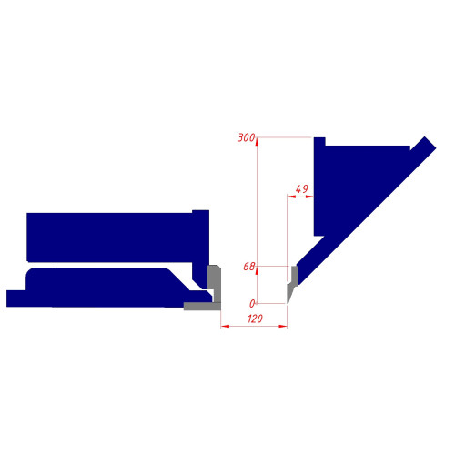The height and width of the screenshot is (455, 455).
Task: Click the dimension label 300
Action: [x=246, y=137]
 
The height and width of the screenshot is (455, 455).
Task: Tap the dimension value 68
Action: [x=249, y=267]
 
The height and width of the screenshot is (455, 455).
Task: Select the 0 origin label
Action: [x=252, y=303]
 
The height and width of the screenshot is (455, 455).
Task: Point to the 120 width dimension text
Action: [x=255, y=318]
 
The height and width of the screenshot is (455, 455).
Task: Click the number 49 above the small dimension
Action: [x=302, y=189]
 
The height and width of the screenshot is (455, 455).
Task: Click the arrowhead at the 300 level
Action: [x=257, y=142]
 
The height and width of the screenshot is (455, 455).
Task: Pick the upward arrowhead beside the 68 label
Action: [x=257, y=271]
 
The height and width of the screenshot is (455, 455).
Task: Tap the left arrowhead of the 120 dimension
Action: [x=225, y=326]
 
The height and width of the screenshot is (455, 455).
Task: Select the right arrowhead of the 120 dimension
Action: [x=283, y=326]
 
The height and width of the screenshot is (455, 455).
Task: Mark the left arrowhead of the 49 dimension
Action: [x=291, y=197]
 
